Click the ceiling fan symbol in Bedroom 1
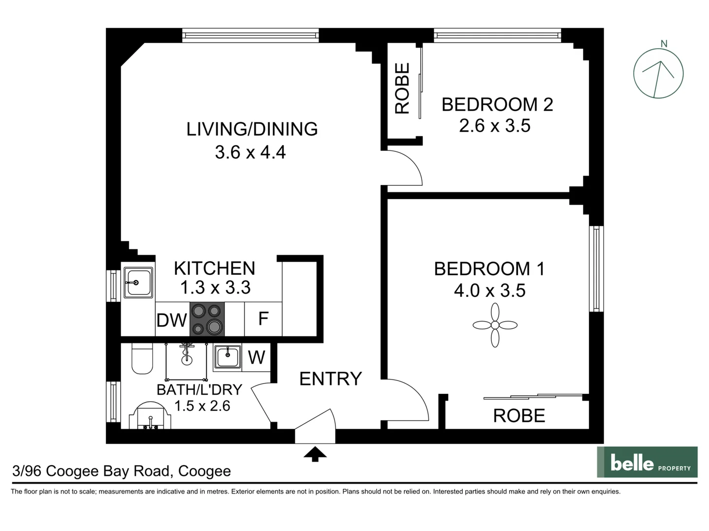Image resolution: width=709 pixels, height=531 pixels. (x=495, y=325)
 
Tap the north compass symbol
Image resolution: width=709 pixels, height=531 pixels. (x=658, y=74)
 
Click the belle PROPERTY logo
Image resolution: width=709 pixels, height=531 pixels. (x=647, y=462)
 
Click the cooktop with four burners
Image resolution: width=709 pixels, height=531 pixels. (x=207, y=319)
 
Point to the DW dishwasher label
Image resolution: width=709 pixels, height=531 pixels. (x=171, y=321)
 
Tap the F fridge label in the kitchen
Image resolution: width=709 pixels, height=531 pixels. (x=263, y=319)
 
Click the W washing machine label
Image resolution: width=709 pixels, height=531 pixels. (x=257, y=357)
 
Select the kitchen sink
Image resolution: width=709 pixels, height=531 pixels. (x=138, y=282)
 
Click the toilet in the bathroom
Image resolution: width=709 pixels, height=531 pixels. (x=142, y=359)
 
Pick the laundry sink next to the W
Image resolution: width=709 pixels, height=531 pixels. (x=227, y=356)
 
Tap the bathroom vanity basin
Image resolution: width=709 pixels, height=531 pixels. (x=151, y=417)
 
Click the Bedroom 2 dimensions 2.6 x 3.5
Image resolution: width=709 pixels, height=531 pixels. (x=494, y=126)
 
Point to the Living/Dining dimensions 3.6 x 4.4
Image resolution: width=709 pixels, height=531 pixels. (x=250, y=152)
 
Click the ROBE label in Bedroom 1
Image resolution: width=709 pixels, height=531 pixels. (x=519, y=416)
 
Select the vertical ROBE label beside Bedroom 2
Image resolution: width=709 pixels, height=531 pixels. (x=402, y=88)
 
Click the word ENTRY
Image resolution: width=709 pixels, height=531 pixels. (x=330, y=379)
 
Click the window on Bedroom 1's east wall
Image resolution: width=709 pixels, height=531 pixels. (x=596, y=268)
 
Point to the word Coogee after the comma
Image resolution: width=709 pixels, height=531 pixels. (x=204, y=471)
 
